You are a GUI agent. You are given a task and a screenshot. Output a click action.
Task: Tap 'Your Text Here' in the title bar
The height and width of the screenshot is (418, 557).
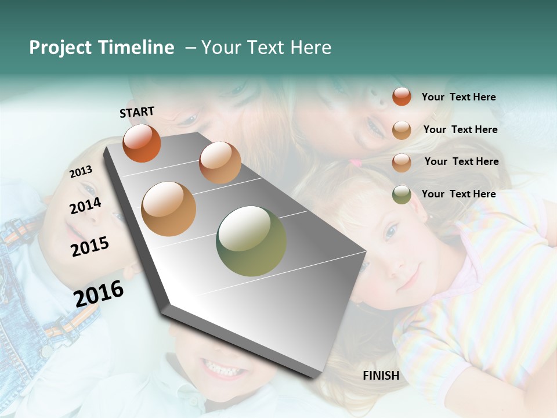tap(266, 48)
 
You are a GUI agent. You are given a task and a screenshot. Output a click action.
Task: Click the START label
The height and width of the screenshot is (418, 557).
tap(137, 112)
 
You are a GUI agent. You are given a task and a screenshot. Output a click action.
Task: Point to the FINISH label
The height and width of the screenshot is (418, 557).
tap(381, 376)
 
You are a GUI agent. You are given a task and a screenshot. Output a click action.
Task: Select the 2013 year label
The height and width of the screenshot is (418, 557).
tap(81, 172)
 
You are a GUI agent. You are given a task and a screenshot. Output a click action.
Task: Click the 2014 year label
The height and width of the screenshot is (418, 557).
tap(85, 206)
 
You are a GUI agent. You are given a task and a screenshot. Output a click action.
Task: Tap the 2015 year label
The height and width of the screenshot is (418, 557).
tap(89, 247)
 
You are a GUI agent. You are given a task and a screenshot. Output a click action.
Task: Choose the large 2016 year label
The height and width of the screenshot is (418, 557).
tap(99, 293)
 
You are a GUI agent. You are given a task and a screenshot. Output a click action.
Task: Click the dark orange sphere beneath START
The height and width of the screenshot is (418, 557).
tap(142, 143)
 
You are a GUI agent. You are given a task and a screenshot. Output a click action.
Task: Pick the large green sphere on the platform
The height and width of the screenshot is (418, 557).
tap(251, 241)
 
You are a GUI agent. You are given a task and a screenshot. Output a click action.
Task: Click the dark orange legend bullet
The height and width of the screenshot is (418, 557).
tap(402, 96)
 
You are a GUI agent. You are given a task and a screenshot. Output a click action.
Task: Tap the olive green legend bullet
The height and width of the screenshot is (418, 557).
tap(402, 194)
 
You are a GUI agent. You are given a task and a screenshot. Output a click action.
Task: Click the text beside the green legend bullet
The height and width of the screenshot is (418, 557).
tap(458, 194)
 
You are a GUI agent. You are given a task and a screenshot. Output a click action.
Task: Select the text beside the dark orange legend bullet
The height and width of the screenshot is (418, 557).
tap(458, 97)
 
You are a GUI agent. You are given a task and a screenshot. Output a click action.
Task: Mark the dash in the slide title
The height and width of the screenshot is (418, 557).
tap(190, 48)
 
